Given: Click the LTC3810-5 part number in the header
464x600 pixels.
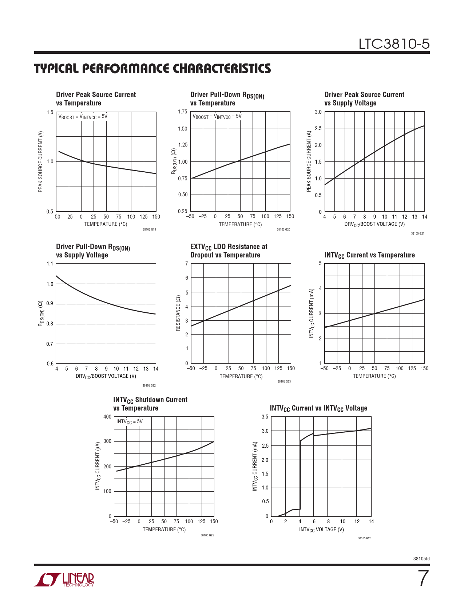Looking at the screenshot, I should [394, 44].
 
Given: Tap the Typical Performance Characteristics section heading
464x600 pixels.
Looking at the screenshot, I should [152, 69].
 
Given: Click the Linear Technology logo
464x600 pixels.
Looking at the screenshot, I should [64, 580].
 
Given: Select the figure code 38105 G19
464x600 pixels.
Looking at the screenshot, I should [149, 230].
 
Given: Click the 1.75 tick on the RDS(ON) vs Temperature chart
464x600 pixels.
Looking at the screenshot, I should [183, 112].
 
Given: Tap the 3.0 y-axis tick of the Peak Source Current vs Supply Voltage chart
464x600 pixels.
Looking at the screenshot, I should [318, 112].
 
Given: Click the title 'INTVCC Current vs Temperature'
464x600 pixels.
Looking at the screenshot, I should [369, 255].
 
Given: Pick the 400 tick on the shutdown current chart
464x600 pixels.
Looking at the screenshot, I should [107, 417].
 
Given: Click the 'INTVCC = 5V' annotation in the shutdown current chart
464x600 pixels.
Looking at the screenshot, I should [130, 422].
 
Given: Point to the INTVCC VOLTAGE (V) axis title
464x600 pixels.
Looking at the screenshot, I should [321, 530].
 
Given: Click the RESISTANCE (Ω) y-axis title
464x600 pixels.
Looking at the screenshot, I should [178, 313].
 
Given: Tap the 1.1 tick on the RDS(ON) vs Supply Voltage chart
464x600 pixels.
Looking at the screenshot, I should [50, 264].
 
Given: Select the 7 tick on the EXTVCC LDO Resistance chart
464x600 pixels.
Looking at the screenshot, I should [187, 264].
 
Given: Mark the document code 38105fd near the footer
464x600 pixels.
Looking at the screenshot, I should [421, 559].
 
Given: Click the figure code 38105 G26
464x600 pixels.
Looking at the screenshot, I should [364, 538].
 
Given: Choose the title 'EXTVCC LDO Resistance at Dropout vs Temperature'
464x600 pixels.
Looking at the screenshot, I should [229, 251].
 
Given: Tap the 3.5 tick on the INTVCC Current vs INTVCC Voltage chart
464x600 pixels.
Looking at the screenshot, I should [265, 417].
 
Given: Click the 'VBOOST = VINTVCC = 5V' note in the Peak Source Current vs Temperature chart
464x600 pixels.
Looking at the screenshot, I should [83, 117].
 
